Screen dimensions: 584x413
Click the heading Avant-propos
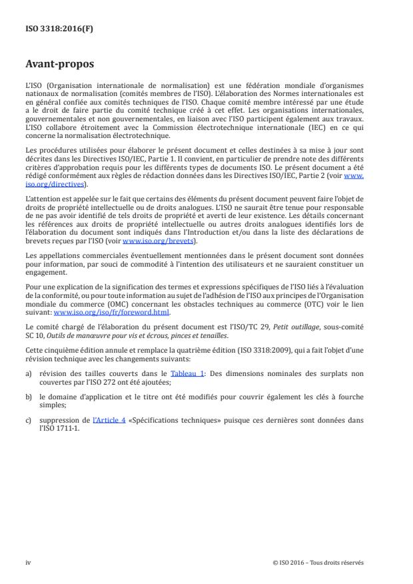pyautogui.click(x=60, y=65)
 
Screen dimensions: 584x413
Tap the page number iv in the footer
pyautogui.click(x=28, y=562)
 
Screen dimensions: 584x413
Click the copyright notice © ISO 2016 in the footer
pyautogui.click(x=318, y=562)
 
